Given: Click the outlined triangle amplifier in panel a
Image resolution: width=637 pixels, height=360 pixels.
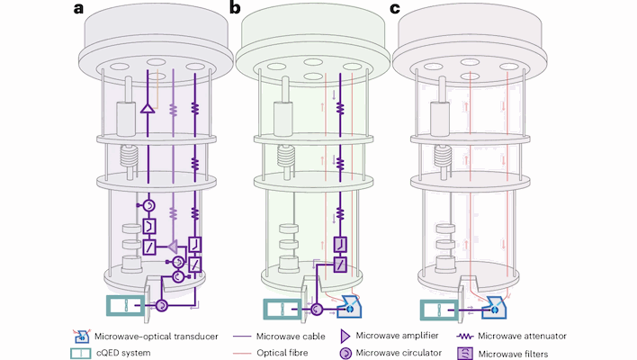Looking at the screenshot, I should coord(146,109).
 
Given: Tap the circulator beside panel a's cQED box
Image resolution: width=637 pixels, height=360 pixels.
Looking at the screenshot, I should coord(163,307).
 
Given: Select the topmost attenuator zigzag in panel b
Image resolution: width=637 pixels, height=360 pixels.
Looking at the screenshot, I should coord(341,107).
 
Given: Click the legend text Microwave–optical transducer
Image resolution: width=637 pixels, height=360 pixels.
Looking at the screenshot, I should coord(149,336).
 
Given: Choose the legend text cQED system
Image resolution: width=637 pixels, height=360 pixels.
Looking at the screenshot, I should coord(121,352).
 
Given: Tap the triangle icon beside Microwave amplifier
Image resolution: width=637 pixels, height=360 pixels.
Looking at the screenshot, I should coord(344,336).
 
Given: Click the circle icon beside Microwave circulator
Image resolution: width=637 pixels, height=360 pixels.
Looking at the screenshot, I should coord(344,352).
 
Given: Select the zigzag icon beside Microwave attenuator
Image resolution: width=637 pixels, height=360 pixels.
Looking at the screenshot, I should coord(465,336).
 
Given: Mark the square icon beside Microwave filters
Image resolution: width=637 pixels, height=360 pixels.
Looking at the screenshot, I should coord(465,352).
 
